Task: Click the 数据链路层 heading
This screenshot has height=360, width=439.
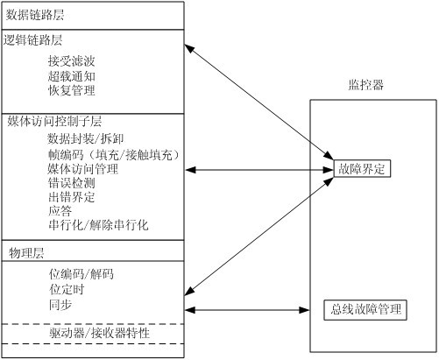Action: (35, 15)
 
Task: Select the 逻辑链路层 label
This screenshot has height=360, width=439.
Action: (32, 40)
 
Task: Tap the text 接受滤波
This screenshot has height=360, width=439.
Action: (72, 61)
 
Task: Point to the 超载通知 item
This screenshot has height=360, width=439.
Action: (72, 76)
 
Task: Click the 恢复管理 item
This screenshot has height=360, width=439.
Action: (72, 90)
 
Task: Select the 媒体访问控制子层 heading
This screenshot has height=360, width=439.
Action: (54, 121)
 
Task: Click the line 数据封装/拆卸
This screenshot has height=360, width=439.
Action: (86, 139)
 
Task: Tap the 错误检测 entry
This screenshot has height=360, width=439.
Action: (72, 183)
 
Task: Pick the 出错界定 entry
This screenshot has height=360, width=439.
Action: (72, 197)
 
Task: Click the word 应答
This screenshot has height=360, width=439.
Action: (60, 211)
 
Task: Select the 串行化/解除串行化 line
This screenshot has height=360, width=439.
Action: (98, 225)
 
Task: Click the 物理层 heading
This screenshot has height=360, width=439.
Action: (26, 253)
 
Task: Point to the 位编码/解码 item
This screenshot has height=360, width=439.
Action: (81, 274)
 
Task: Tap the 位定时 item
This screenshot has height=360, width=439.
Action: (67, 289)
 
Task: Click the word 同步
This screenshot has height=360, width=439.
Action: (60, 305)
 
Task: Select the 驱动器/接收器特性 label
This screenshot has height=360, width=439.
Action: (100, 333)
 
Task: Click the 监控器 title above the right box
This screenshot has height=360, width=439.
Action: (366, 85)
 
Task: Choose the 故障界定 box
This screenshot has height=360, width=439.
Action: (362, 169)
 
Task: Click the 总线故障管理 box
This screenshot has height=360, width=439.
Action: (365, 310)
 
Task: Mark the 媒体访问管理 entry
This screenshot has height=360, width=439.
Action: (83, 169)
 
